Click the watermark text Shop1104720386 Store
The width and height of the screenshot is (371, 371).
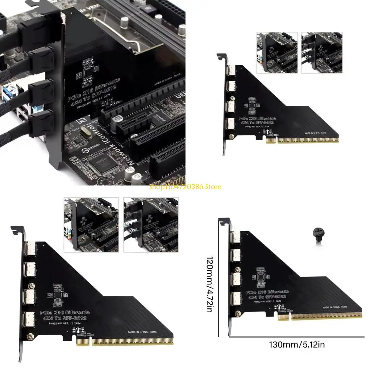[x=185, y=187]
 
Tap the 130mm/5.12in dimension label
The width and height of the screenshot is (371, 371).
[x=297, y=345]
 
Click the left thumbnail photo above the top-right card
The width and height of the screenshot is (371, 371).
[x=277, y=53]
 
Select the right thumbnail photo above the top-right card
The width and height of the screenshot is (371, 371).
[x=321, y=53]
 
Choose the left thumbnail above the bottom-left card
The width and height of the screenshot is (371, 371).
[x=91, y=225]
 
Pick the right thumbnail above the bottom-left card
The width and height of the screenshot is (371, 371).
[x=150, y=225]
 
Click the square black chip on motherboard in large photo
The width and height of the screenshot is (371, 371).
[x=103, y=162]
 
